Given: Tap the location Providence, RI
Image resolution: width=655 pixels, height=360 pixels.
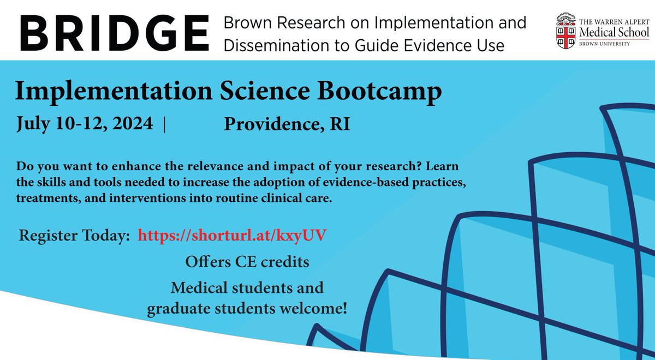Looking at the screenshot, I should [x=287, y=124].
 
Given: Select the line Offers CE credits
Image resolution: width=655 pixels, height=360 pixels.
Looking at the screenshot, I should [x=247, y=262].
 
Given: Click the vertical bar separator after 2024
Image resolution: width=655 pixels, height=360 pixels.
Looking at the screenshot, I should [x=164, y=124].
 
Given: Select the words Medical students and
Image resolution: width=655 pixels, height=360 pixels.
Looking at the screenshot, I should [x=247, y=287].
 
